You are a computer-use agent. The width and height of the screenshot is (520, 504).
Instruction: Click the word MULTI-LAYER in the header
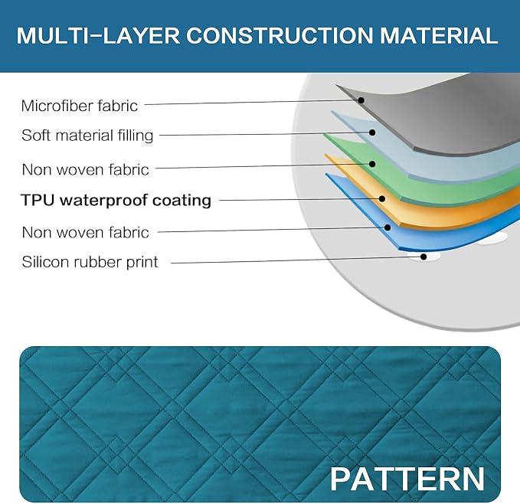(x=98, y=35)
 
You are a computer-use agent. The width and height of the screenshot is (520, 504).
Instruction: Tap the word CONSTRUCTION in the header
(x=280, y=35)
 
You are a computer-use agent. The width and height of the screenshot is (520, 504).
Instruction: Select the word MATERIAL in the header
(x=439, y=35)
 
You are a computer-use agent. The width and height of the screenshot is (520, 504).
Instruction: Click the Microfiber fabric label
(x=79, y=106)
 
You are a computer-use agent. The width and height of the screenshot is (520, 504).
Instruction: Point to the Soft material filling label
(x=87, y=136)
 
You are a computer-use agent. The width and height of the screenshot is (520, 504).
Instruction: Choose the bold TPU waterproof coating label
(x=116, y=200)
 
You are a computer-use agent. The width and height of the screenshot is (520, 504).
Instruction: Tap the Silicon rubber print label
(x=90, y=262)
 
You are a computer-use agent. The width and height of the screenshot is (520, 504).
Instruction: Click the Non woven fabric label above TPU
(x=85, y=170)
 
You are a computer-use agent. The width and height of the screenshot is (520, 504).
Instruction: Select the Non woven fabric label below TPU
(x=85, y=232)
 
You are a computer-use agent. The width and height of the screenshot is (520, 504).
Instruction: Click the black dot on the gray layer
(x=361, y=100)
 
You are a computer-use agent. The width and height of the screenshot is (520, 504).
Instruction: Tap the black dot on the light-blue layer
(x=372, y=133)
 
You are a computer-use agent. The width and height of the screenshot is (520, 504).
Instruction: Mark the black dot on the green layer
(x=372, y=164)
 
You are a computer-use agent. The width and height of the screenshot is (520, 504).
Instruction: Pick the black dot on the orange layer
(x=382, y=198)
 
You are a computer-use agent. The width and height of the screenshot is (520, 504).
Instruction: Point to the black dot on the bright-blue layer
(x=388, y=227)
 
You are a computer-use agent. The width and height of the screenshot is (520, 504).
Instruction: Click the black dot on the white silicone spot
(x=424, y=257)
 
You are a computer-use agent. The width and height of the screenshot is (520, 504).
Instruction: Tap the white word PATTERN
(x=407, y=479)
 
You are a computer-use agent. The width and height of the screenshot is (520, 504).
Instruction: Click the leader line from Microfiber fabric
(x=253, y=102)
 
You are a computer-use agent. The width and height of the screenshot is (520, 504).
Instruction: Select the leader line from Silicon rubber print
(x=297, y=260)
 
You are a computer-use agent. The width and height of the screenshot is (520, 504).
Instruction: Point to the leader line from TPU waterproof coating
(x=301, y=199)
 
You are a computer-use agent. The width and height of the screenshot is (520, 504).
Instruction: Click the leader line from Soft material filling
(x=266, y=134)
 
